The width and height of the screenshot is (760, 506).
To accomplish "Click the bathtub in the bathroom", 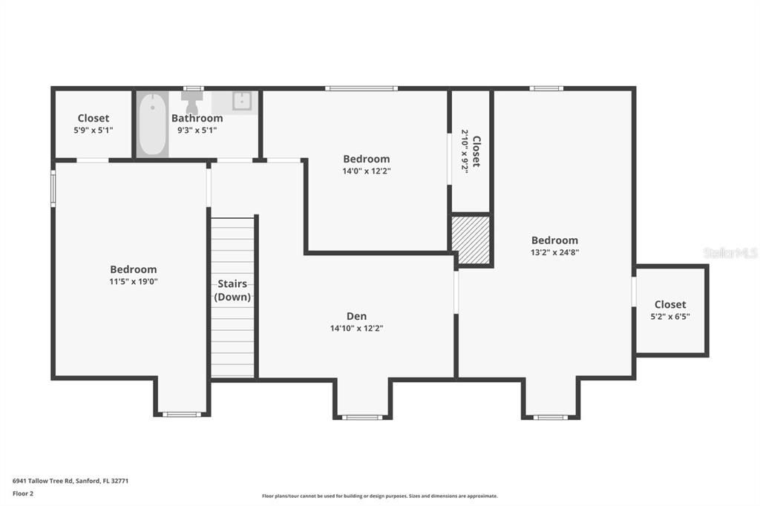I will (x=152, y=125).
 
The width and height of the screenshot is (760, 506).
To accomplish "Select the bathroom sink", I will (x=243, y=101).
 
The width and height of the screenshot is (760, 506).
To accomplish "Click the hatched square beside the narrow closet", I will (x=471, y=240).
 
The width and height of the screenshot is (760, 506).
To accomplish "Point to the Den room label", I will (x=356, y=316).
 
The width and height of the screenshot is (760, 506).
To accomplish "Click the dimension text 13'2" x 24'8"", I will (x=554, y=252).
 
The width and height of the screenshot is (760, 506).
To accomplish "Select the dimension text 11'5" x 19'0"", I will (x=134, y=281).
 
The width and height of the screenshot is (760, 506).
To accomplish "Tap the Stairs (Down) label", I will (x=232, y=290).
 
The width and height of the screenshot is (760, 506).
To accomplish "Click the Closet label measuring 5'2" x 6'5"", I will (x=670, y=304).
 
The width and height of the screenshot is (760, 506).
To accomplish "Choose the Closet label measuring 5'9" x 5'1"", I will (x=94, y=118).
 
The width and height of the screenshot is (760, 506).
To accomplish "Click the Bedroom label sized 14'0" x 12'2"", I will (x=366, y=159).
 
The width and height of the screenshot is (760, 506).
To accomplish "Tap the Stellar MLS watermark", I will (x=730, y=253).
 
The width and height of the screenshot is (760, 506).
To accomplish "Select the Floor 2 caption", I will (x=23, y=493).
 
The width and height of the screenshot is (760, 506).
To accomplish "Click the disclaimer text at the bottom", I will (x=379, y=496).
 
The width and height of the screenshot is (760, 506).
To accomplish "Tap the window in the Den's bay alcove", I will (x=363, y=417).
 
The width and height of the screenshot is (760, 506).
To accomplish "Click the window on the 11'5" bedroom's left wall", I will (x=53, y=187).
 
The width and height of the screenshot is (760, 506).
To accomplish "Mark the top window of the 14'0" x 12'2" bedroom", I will (x=361, y=88).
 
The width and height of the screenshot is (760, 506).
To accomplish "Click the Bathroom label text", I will (x=197, y=118).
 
